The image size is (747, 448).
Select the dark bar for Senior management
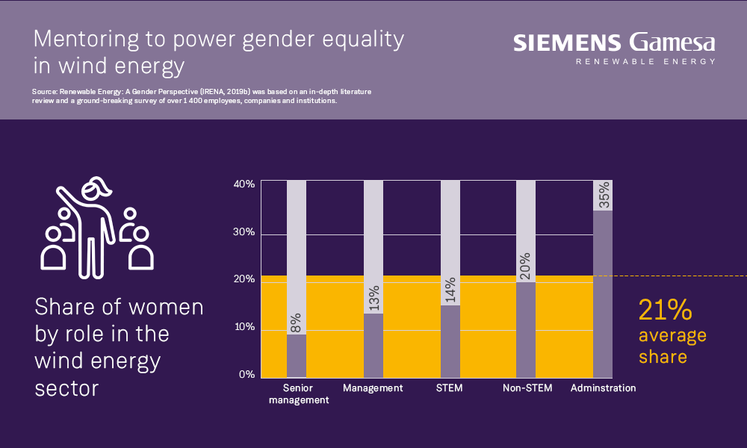coord(297,355)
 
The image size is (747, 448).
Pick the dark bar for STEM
coord(450,340)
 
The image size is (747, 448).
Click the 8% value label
coord(297,323)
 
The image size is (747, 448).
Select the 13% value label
coord(373,298)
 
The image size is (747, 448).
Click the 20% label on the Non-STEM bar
coord(527,267)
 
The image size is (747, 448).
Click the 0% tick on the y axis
coord(247,375)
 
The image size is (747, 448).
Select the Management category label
coord(373,388)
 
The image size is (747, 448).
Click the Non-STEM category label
coord(527,388)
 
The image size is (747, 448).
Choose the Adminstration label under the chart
coord(603,388)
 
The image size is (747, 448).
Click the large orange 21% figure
coord(665,310)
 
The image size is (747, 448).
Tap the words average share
coord(672,346)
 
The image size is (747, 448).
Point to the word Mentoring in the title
coord(84,39)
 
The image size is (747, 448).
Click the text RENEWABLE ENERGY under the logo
coord(645,61)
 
